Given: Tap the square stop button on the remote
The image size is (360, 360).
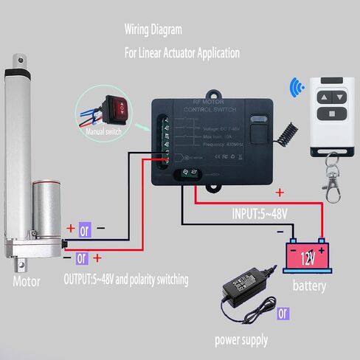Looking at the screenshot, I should click(332, 113).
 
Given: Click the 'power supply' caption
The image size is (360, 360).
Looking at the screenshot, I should click(241, 340).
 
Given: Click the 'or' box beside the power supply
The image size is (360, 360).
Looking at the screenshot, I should click(282, 313).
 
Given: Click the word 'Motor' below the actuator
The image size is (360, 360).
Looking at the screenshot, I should click(26, 280).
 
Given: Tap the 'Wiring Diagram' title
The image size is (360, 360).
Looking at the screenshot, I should click(153, 30).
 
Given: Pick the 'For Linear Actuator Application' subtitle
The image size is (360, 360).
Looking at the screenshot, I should click(181, 53).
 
